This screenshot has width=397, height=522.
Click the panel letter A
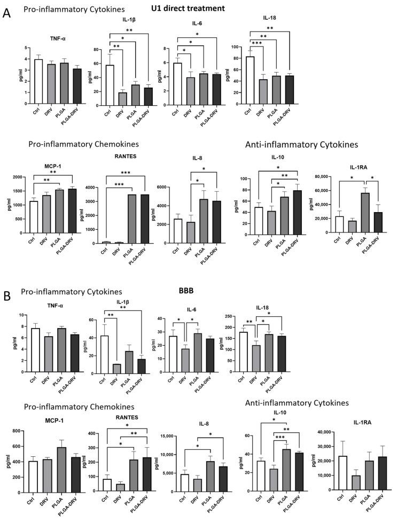click(x=7, y=12)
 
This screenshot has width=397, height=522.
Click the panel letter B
click(x=7, y=295)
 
